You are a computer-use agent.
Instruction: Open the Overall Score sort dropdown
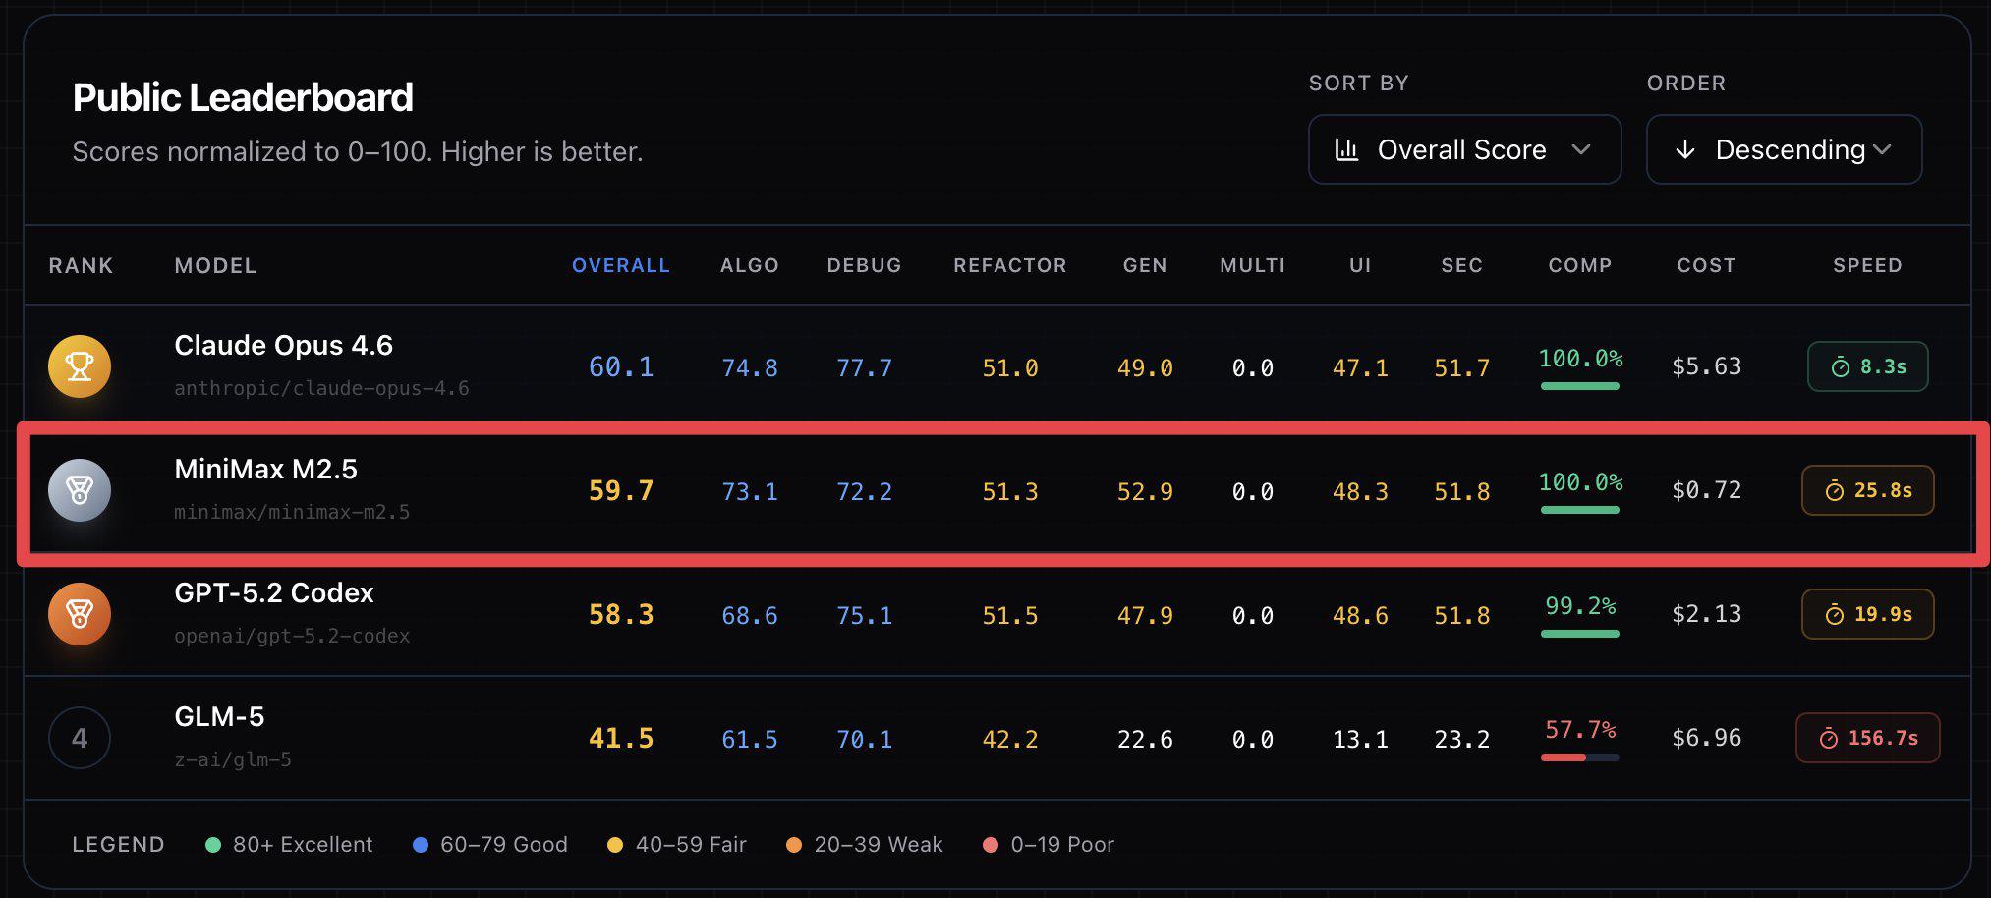coord(1463,149)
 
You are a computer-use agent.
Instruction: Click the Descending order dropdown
coord(1784,149)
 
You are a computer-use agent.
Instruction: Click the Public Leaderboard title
coord(243,97)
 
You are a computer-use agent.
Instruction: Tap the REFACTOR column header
coord(1009,265)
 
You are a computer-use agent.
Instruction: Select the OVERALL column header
coord(620,265)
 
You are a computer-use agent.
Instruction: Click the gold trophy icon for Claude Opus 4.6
coord(80,366)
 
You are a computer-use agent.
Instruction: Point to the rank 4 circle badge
coord(80,738)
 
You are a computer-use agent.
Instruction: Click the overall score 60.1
coord(620,367)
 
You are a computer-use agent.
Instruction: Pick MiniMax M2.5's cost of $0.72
coord(1706,490)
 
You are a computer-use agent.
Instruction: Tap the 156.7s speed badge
coord(1867,738)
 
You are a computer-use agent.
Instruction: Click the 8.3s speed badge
coord(1867,366)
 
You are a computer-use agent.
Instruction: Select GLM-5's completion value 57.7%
coord(1579,730)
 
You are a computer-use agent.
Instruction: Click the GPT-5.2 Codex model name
coord(274,592)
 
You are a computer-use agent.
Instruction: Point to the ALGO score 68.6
coord(749,615)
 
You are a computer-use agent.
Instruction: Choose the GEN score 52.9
coord(1144,491)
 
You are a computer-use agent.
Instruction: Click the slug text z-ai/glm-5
coord(233,759)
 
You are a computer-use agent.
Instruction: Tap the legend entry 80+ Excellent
coord(290,845)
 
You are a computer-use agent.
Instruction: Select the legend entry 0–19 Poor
coord(1049,845)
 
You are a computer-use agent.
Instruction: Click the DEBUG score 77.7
coord(864,367)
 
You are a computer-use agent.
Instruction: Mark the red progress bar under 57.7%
coord(1564,758)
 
